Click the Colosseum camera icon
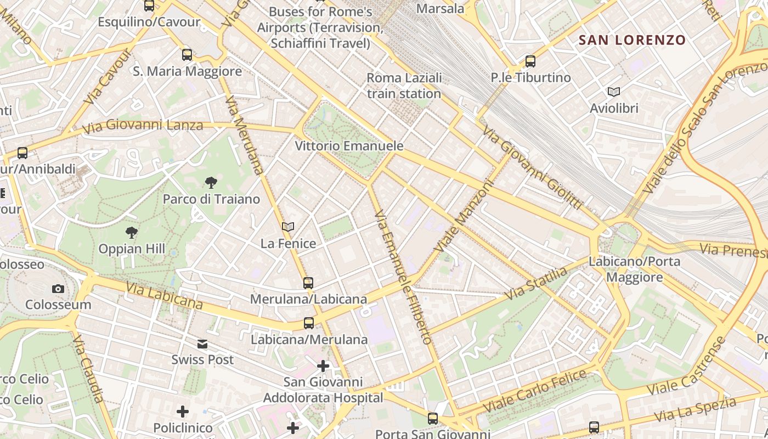pos(58,289)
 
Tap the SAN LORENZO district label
pos(632,40)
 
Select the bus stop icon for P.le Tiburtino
pos(530,61)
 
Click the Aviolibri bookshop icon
pos(614,92)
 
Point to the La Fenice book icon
pos(288,227)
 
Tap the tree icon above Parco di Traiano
pos(211,183)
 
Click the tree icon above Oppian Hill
pos(131,233)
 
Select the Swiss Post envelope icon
pos(202,344)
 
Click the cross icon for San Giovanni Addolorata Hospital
pos(323,365)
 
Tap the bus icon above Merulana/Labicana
pos(308,283)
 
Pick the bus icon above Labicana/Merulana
pos(309,323)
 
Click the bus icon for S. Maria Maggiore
pos(187,55)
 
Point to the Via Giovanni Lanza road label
pos(143,127)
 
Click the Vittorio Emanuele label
pos(349,146)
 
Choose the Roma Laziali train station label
pos(404,86)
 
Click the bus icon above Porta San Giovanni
pos(433,419)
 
